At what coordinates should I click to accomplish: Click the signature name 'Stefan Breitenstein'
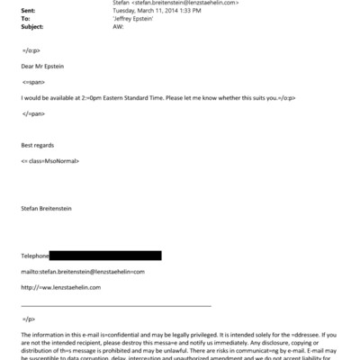(50, 207)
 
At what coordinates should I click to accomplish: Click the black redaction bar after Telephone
(105, 256)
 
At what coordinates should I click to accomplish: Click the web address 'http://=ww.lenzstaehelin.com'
(60, 287)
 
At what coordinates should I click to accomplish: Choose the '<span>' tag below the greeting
(34, 81)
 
